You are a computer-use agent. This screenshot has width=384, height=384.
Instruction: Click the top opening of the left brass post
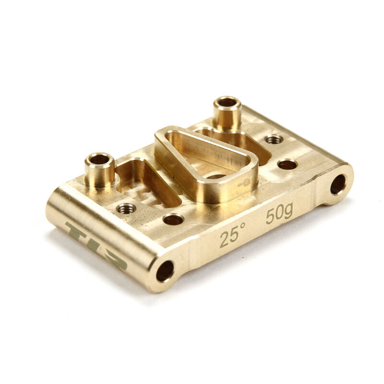(x=99, y=159)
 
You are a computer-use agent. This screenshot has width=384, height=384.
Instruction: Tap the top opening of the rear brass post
(x=227, y=102)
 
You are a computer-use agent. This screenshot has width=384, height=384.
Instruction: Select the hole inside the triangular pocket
(x=216, y=176)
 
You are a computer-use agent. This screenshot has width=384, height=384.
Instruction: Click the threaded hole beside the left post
(x=126, y=208)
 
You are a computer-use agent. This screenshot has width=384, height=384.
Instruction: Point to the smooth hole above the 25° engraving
(x=173, y=220)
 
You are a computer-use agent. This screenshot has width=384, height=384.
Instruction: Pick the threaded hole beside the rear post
(x=274, y=139)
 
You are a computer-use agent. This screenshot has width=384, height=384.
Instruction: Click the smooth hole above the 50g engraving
(x=287, y=165)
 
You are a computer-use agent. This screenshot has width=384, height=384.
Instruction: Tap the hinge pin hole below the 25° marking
(x=165, y=271)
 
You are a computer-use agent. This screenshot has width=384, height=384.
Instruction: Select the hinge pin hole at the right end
(x=338, y=184)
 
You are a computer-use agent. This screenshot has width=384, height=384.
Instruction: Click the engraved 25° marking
(x=233, y=235)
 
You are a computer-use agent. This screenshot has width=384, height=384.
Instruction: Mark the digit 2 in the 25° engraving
(x=225, y=239)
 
